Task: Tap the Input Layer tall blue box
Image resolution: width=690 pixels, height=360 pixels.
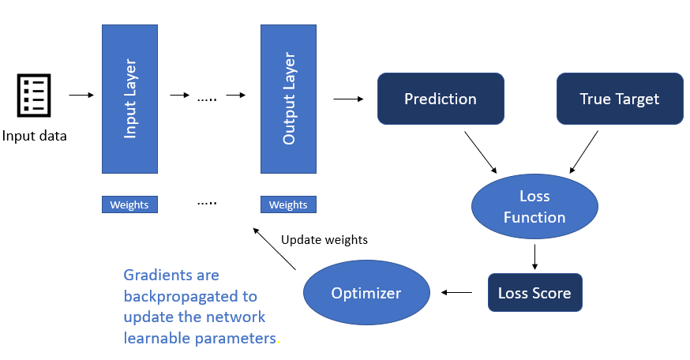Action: click(130, 99)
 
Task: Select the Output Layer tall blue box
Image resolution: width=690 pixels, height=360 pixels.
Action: click(288, 99)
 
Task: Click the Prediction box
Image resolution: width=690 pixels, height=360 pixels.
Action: click(441, 99)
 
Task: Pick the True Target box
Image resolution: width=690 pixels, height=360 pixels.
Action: click(620, 99)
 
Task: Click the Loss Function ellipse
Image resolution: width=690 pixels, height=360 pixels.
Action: click(534, 207)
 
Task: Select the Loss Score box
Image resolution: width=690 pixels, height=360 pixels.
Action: click(534, 294)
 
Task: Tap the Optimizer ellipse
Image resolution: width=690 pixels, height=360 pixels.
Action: click(366, 294)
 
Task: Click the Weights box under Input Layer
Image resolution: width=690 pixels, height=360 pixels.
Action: click(130, 204)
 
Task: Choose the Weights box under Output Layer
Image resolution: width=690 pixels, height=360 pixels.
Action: click(288, 204)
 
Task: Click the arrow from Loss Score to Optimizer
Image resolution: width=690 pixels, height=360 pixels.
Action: click(456, 293)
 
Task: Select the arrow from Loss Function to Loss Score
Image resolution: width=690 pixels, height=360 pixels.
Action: click(534, 256)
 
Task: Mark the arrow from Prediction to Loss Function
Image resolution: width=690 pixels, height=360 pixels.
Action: click(481, 152)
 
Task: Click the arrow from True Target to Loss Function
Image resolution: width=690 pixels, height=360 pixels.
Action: click(585, 152)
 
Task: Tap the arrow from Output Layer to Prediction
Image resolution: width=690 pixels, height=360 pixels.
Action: click(348, 99)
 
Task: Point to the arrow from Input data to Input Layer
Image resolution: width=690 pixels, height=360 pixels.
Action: click(81, 96)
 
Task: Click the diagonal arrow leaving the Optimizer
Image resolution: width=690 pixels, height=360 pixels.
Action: click(274, 249)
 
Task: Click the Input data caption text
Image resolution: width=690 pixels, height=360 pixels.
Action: click(34, 136)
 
